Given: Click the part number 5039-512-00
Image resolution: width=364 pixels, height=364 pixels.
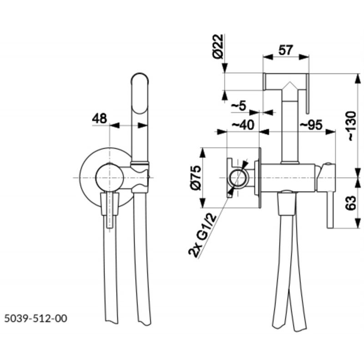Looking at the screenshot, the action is (x=36, y=318).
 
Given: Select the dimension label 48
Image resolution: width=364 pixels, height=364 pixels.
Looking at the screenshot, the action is (x=100, y=118).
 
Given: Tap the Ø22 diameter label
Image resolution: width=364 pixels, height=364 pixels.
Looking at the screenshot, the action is (x=218, y=46).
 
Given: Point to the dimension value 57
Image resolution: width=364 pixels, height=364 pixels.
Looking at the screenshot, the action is (x=286, y=50).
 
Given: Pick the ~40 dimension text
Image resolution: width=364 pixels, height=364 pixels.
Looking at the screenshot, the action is (x=243, y=125).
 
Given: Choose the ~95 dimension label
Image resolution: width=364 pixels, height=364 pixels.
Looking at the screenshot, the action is (x=311, y=125).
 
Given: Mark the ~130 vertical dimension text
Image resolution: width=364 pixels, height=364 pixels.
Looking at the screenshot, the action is (x=352, y=126).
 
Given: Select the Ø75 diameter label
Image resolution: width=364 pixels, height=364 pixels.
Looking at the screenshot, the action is (x=195, y=178).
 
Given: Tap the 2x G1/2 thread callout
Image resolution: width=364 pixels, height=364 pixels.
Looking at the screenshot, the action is (x=203, y=236).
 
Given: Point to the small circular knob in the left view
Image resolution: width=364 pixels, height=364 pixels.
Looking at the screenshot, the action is (x=109, y=177).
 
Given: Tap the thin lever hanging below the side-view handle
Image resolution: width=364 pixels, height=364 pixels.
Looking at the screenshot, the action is (x=330, y=210).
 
